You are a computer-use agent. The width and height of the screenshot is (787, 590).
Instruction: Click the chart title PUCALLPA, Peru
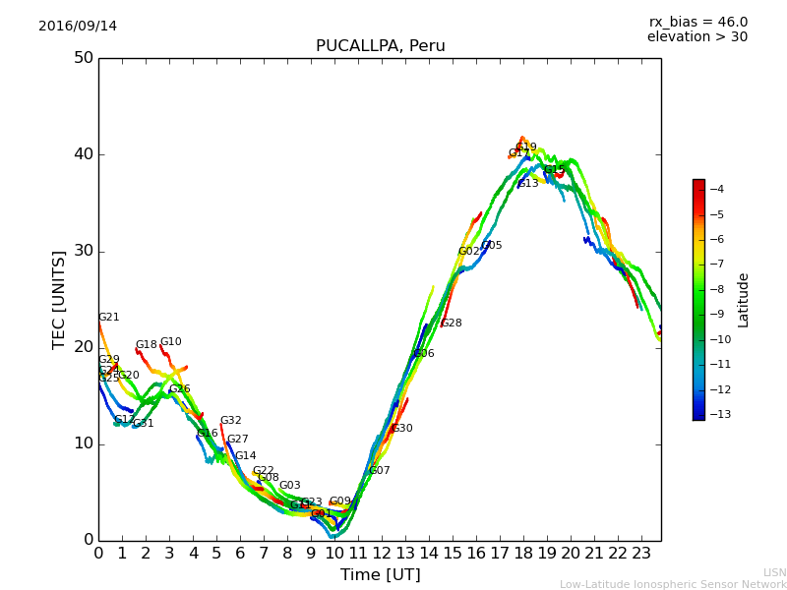380,46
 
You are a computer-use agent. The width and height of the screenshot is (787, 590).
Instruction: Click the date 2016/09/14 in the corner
78,27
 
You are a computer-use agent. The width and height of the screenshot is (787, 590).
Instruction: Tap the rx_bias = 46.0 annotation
697,23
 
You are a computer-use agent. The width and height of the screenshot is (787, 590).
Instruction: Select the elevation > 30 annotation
696,37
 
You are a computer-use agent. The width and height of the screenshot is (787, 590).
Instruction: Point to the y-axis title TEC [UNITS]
59,299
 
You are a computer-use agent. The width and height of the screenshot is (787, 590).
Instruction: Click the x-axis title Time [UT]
380,575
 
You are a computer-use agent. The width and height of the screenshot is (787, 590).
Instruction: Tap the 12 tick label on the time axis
382,554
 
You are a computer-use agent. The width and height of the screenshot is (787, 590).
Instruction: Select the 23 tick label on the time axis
641,554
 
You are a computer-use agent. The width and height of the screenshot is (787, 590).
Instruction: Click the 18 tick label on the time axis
523,554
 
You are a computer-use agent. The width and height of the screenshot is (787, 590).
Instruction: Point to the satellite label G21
109,318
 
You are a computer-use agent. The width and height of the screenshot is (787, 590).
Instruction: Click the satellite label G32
231,421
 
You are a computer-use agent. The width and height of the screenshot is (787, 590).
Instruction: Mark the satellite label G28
451,324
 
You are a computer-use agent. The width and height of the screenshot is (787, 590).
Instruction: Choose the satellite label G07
380,471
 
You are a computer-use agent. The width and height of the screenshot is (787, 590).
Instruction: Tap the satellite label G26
180,389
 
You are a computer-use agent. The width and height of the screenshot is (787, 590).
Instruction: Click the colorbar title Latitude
744,299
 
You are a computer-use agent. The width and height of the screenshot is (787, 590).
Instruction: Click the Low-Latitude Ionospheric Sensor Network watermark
673,584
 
